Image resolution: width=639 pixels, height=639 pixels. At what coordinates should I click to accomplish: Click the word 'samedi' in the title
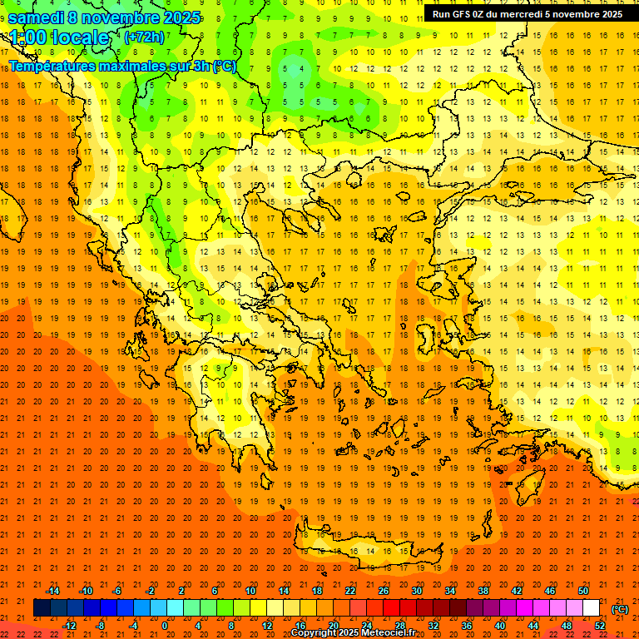pos(36,17)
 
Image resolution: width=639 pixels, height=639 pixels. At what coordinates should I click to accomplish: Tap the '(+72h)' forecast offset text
pos(144,37)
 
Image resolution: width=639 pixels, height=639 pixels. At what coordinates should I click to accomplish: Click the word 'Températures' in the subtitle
pos(52,66)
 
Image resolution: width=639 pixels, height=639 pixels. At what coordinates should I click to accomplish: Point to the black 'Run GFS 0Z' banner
pos(527,14)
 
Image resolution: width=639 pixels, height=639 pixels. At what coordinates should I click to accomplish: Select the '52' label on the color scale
pos(600,625)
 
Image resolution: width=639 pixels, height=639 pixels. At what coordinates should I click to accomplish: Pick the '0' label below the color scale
pos(165,625)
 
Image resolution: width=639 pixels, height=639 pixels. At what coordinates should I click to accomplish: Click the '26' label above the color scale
pos(384,591)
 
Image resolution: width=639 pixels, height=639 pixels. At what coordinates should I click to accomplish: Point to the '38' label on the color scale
pos(483,591)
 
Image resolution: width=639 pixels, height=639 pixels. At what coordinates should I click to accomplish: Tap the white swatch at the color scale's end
pos(591,607)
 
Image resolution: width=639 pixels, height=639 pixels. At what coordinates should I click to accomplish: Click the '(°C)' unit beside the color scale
pos(620,609)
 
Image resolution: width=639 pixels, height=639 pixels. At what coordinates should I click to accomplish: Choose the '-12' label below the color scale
pos(69,625)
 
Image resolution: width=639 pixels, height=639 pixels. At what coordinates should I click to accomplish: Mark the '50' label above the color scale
pos(583,591)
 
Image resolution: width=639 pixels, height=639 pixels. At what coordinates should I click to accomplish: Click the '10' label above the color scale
pos(250,591)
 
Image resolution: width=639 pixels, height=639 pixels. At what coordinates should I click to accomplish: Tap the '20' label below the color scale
pos(333,625)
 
